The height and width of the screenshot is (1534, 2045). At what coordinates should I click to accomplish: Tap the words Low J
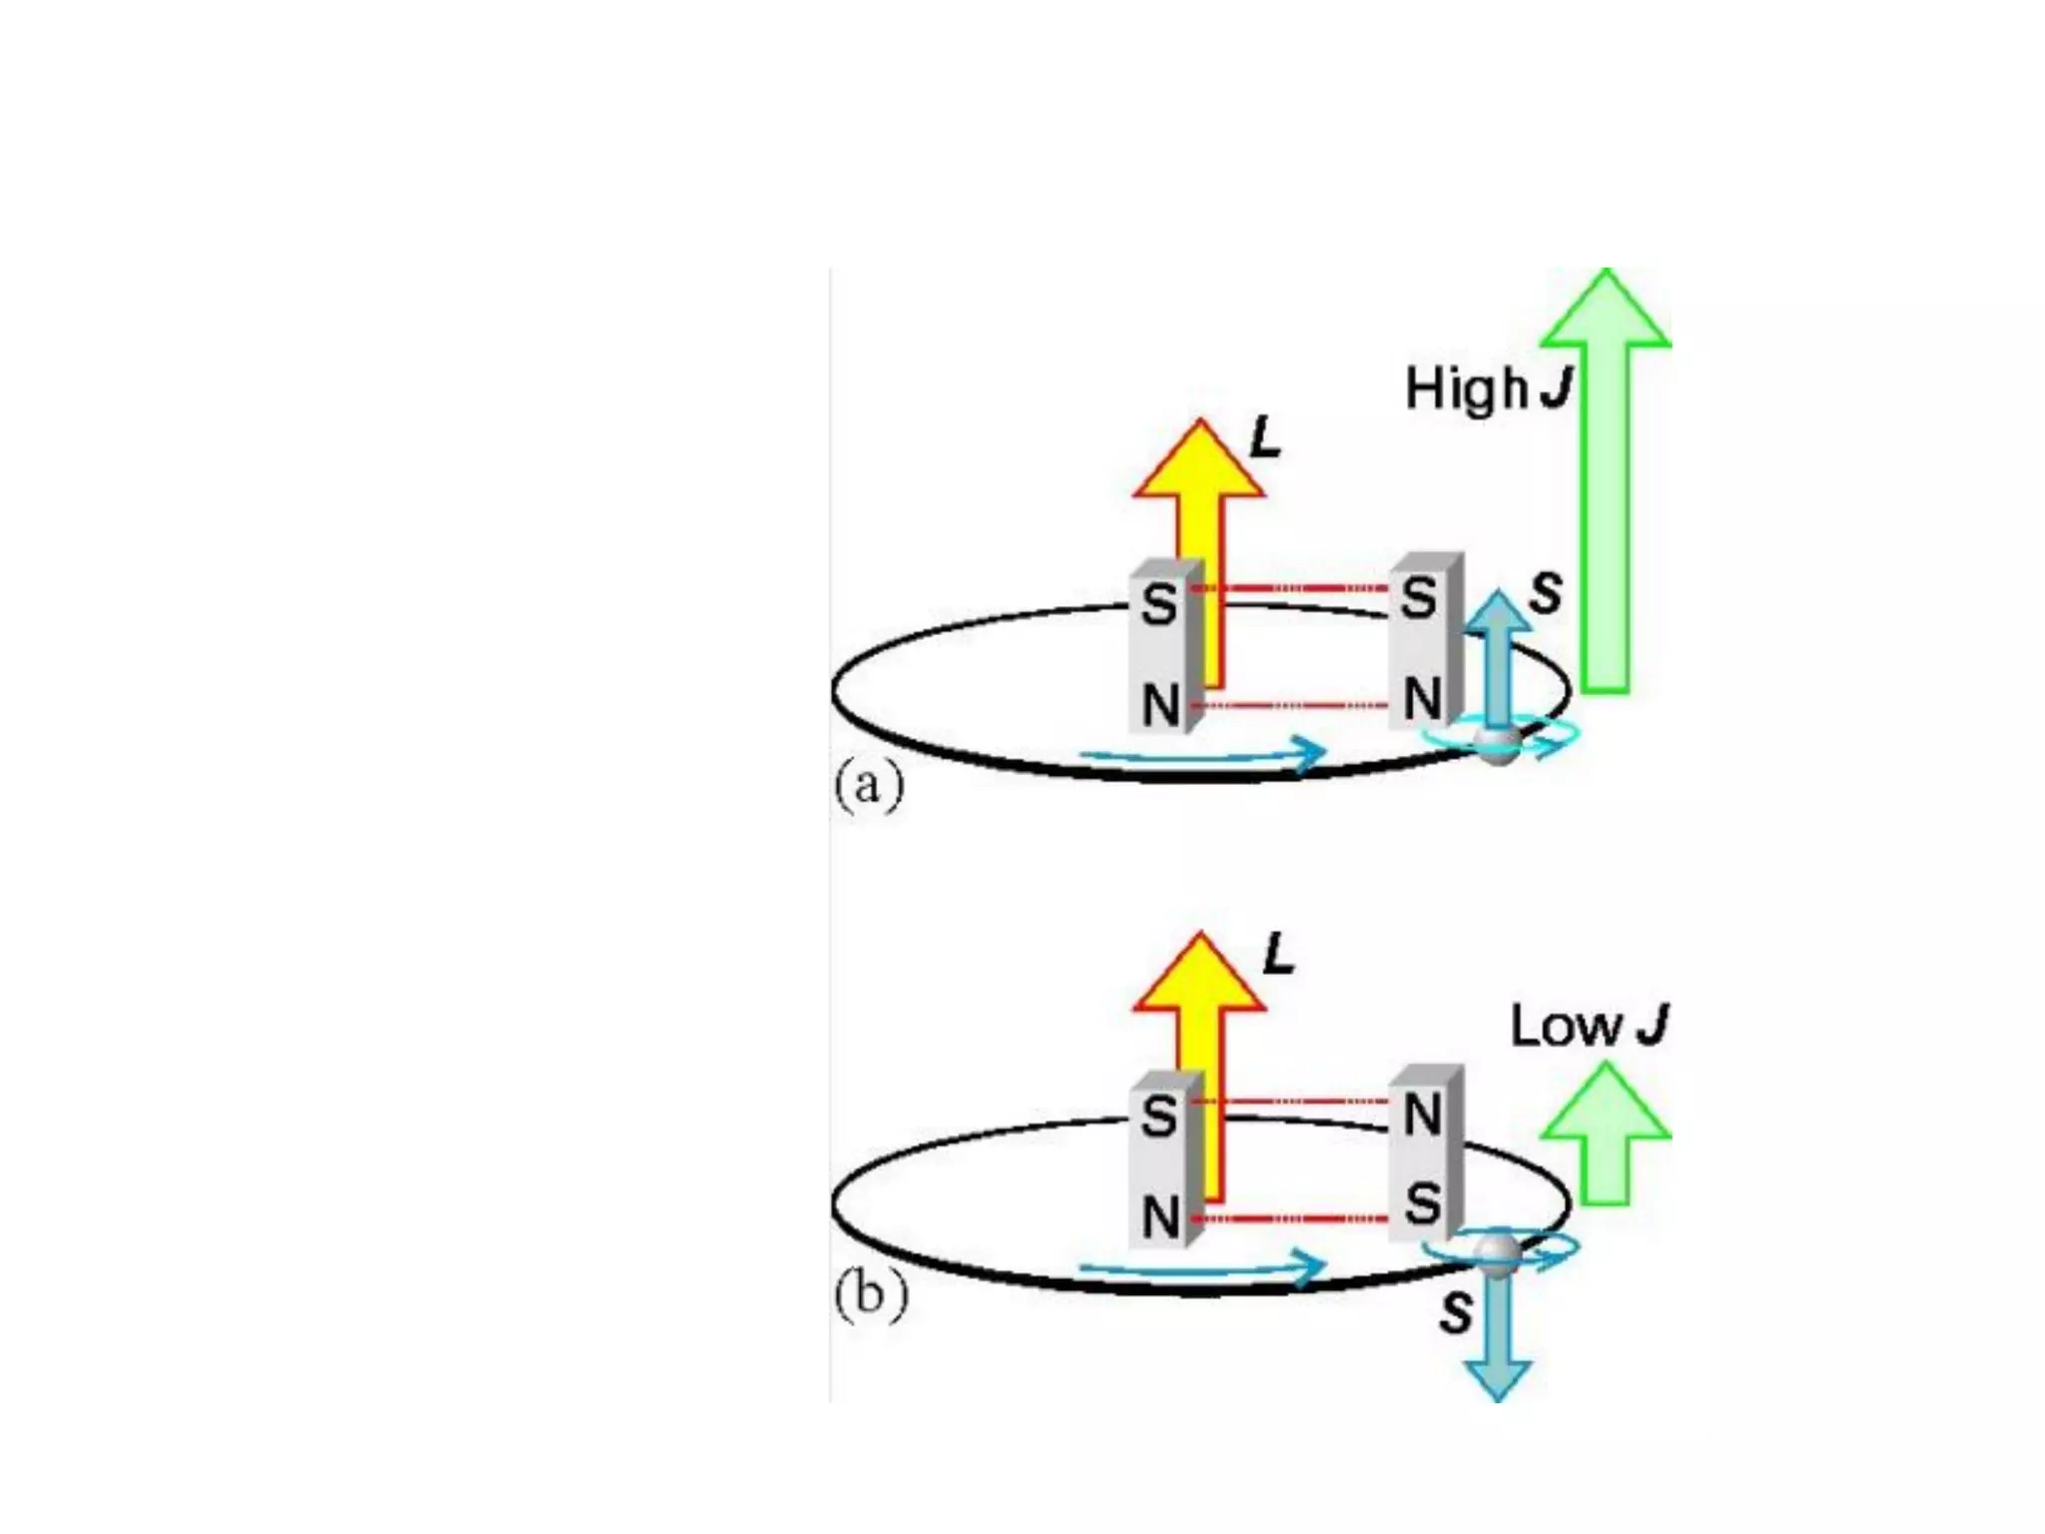coord(1589,1026)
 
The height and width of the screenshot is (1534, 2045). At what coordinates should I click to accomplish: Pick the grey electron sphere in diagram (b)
coord(1498,1254)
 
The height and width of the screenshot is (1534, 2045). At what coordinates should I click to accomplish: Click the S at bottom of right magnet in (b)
coord(1422,1203)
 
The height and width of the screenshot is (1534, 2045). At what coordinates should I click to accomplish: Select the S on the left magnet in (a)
coord(1158,604)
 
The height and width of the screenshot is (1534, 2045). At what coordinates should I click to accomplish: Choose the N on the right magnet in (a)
coord(1422,698)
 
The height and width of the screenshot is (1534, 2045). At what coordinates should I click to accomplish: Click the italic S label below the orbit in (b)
coord(1457,1312)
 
